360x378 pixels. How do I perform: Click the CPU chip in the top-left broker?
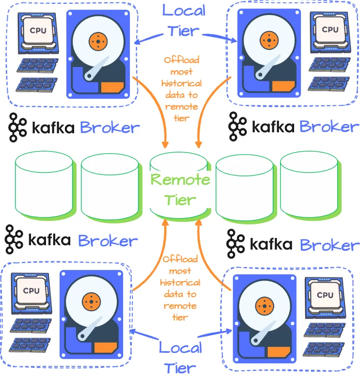[39, 30]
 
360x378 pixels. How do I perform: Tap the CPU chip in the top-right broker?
[330, 30]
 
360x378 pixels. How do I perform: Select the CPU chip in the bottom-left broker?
[31, 290]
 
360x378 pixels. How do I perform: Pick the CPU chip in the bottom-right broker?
[324, 295]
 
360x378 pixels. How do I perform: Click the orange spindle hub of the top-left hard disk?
[98, 41]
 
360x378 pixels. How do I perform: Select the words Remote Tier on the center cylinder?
[180, 189]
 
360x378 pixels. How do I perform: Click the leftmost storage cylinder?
[44, 187]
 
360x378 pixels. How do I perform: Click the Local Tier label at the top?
[184, 20]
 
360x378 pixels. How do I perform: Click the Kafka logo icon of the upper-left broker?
[19, 127]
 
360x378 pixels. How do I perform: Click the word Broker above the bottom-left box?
[108, 241]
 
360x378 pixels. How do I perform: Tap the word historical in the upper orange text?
[181, 83]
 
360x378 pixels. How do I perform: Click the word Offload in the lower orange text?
[180, 259]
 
